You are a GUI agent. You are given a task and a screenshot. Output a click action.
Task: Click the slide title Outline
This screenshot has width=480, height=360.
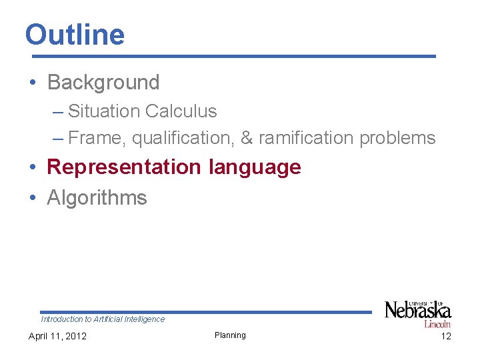click(75, 35)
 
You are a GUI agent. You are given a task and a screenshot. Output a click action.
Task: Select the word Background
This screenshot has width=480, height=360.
click(103, 83)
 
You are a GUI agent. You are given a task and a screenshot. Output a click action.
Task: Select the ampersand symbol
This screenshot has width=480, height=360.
click(247, 138)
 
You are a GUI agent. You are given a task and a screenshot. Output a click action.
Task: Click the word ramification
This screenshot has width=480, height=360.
click(307, 138)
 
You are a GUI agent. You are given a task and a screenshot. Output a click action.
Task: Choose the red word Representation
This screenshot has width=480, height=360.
click(124, 167)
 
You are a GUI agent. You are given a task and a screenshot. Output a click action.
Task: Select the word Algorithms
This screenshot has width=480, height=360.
click(97, 198)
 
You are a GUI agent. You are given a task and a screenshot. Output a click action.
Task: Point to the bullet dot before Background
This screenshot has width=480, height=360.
click(33, 83)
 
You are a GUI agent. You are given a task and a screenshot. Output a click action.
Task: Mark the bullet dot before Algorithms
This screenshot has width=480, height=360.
click(33, 198)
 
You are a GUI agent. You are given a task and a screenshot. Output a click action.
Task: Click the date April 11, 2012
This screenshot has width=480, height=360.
click(57, 336)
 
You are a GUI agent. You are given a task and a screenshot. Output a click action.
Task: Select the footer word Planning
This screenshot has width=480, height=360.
click(230, 335)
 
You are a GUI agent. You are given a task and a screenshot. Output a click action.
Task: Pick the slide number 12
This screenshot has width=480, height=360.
click(446, 336)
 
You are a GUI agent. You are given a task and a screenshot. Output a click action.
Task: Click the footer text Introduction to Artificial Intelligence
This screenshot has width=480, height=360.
click(103, 319)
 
